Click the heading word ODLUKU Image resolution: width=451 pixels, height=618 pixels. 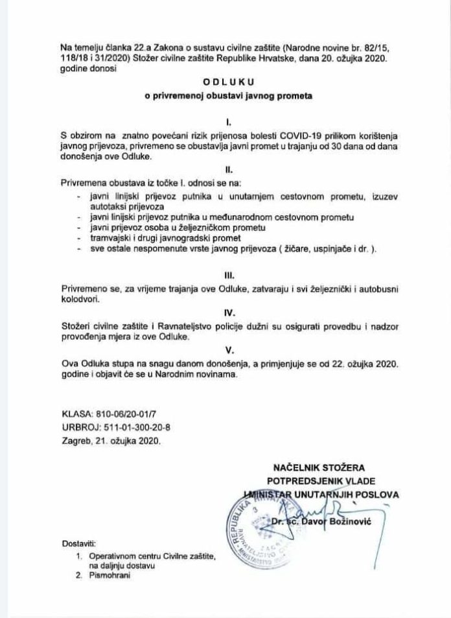(x=225, y=82)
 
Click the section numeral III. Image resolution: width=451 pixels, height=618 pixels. (x=225, y=274)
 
